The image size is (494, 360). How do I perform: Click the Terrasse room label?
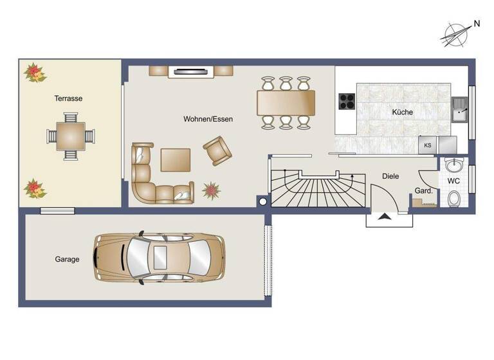69,98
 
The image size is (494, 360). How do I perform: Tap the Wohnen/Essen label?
208,119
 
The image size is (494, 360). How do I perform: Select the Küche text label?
403,112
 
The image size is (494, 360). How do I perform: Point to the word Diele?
390,175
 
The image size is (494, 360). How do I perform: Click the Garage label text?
67,259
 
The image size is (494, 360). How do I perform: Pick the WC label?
453,181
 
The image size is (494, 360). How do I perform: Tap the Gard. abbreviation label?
423,191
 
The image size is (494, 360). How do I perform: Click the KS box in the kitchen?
427,145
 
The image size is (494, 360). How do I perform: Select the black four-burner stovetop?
347,102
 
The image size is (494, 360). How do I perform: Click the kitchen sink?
460,110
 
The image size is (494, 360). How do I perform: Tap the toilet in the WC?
455,200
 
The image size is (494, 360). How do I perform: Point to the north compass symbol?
455,33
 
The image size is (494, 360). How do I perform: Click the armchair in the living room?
217,150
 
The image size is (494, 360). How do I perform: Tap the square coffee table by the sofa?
176,159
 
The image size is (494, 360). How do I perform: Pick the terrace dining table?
69,136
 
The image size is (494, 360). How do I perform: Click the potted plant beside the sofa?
211,190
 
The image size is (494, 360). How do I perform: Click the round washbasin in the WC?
455,165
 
